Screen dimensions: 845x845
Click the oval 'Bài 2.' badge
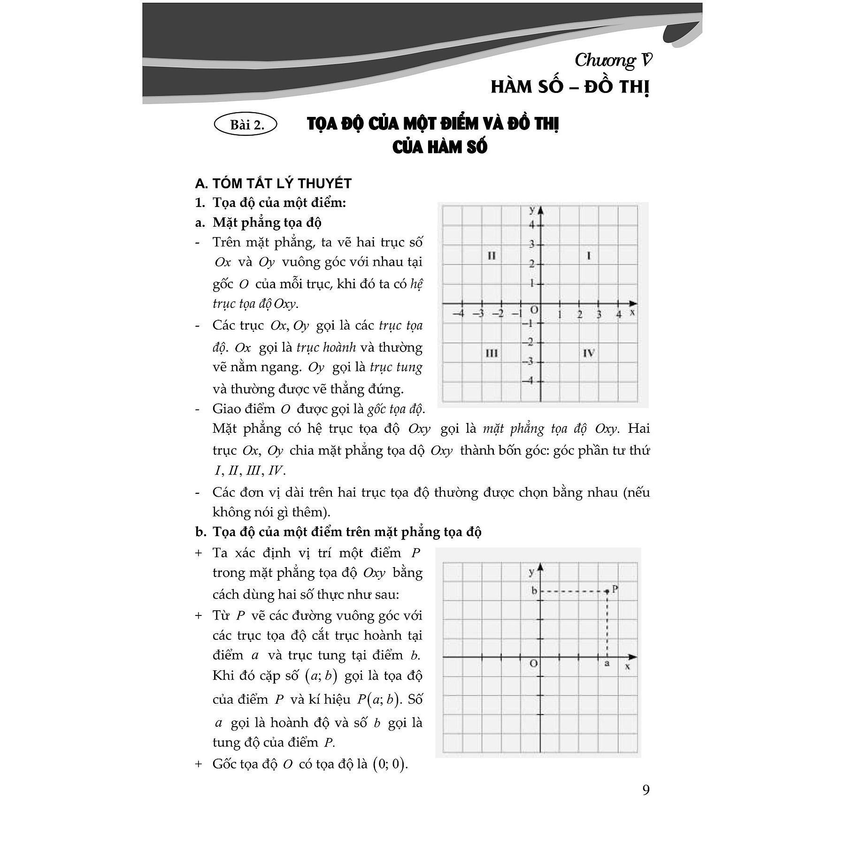[x=245, y=125]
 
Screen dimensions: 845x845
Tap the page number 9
[x=646, y=790]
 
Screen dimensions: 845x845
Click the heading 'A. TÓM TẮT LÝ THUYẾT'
[x=273, y=183]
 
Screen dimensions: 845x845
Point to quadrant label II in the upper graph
[x=491, y=256]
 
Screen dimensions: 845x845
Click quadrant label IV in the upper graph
[x=589, y=353]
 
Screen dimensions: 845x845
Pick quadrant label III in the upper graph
[x=491, y=353]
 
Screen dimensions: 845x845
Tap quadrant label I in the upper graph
[x=589, y=256]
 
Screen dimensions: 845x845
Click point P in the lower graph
[x=607, y=591]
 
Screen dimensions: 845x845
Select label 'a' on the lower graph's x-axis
[x=607, y=664]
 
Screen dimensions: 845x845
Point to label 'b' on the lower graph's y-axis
[x=534, y=591]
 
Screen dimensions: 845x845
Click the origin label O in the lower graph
[x=533, y=664]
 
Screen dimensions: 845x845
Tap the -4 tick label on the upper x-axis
[x=459, y=314]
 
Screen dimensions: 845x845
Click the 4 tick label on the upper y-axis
[x=532, y=225]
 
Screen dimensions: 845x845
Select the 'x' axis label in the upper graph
[x=632, y=312]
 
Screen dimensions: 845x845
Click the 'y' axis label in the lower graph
[x=532, y=571]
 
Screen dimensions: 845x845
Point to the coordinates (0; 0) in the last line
[x=389, y=764]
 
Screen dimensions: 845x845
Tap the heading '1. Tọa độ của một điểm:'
[x=270, y=203]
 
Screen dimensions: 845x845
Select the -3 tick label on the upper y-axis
[x=530, y=361]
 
